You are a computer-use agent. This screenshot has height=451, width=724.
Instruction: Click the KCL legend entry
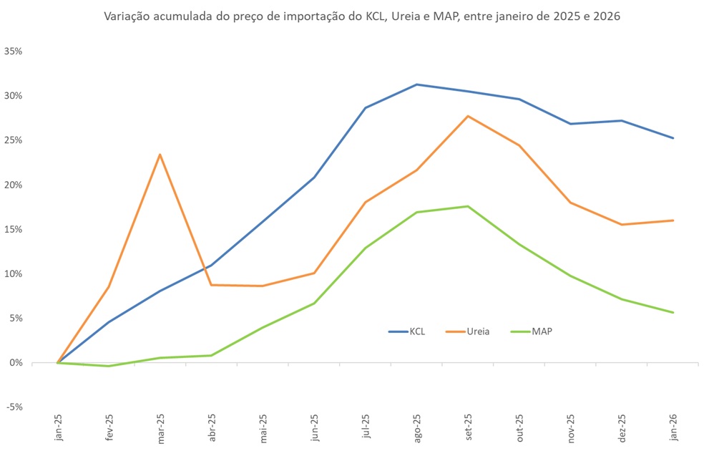pyautogui.click(x=408, y=331)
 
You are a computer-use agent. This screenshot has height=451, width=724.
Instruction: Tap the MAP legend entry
pyautogui.click(x=532, y=331)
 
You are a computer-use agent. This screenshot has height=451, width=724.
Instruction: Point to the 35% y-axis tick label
pyautogui.click(x=14, y=52)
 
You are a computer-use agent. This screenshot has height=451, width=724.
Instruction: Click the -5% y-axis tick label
pyautogui.click(x=14, y=407)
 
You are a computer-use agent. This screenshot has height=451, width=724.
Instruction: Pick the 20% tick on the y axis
pyautogui.click(x=14, y=185)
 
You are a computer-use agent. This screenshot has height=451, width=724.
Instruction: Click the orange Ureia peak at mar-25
pyautogui.click(x=160, y=154)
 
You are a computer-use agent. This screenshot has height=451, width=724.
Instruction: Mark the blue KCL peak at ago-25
pyautogui.click(x=416, y=84)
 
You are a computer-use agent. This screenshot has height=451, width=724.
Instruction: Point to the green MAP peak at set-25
pyautogui.click(x=467, y=206)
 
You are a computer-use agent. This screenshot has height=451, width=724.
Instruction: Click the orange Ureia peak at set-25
pyautogui.click(x=467, y=116)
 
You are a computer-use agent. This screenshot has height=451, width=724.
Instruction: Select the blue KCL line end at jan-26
pyautogui.click(x=673, y=138)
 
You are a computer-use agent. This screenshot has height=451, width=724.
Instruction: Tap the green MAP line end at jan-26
pyautogui.click(x=673, y=312)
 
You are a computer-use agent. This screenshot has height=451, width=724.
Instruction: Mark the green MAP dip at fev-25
pyautogui.click(x=109, y=366)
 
